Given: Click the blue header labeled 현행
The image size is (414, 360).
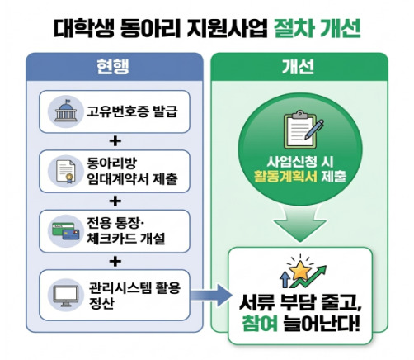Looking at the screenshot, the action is click(x=115, y=67).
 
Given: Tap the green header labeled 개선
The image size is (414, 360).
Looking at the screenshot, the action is click(x=299, y=67).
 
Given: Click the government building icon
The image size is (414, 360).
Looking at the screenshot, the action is click(x=65, y=111).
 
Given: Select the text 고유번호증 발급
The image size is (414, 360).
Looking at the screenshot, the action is click(x=132, y=111).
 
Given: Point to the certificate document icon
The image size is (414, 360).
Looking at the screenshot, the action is click(x=66, y=171).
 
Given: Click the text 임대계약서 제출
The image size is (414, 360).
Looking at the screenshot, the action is click(x=132, y=179).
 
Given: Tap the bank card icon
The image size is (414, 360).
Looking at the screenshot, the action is click(x=66, y=231).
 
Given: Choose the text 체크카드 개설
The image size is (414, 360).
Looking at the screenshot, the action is click(x=126, y=239).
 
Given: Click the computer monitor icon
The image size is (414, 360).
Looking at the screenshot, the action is click(x=66, y=296).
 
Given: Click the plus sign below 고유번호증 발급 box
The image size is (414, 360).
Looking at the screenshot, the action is click(x=115, y=141).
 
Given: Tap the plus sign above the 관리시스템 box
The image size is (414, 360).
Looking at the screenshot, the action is click(x=115, y=261).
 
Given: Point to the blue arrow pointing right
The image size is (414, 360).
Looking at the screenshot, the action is click(x=211, y=296).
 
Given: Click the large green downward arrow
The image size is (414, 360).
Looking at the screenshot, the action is click(x=300, y=224).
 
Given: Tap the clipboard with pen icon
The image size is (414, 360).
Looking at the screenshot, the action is click(x=303, y=130).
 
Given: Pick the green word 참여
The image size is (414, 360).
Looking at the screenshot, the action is click(x=260, y=324).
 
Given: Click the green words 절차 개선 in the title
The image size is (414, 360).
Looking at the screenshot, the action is click(x=318, y=28).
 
